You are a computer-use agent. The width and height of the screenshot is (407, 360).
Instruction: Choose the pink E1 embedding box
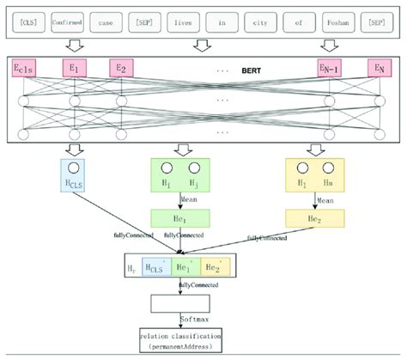75,67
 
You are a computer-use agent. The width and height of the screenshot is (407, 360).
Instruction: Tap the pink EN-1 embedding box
331,67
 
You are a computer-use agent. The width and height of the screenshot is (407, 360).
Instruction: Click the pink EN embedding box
377,67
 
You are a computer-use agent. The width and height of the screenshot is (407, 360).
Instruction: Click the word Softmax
196,316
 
